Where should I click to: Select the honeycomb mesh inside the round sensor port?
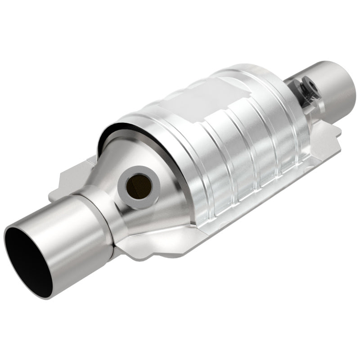[x=134, y=184]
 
